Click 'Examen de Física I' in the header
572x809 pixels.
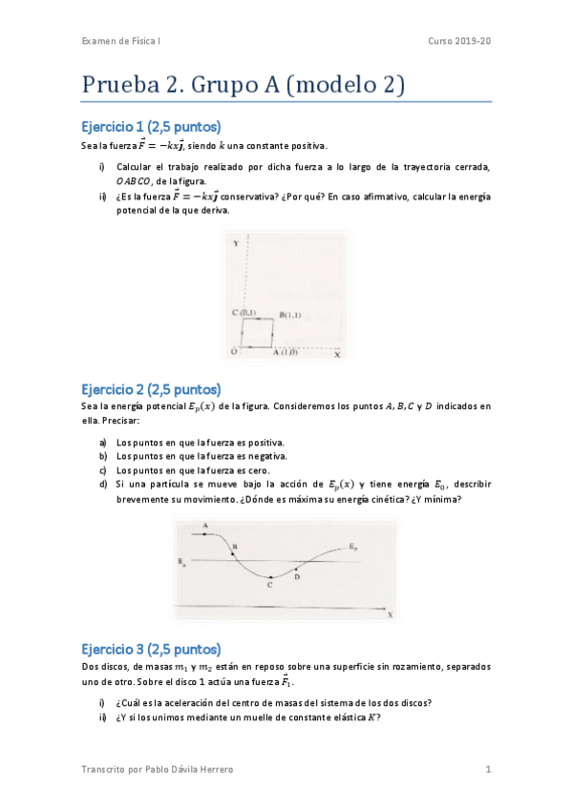(120, 41)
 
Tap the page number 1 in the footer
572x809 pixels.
(487, 769)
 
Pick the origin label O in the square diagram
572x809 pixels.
(233, 352)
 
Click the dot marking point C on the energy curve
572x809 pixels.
(270, 577)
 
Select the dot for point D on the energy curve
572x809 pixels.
(297, 570)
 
